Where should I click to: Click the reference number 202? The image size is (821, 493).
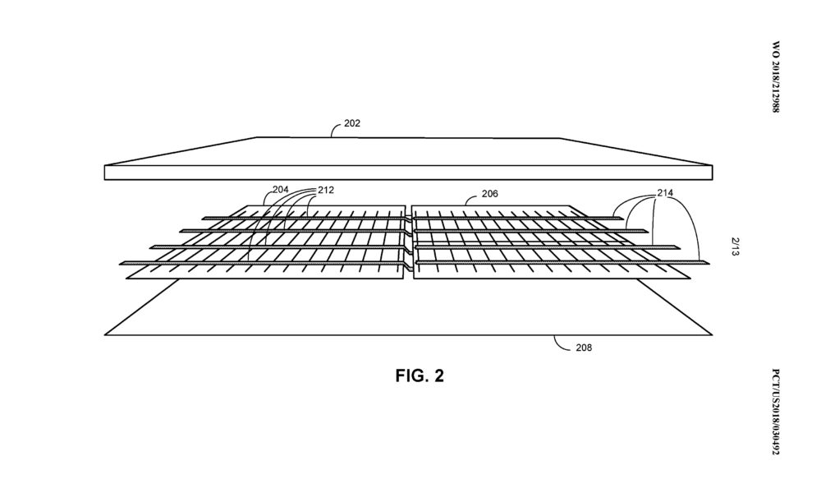[352, 123]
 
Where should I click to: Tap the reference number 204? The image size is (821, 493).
[280, 190]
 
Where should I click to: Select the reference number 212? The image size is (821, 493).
[326, 190]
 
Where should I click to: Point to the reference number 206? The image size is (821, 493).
[489, 194]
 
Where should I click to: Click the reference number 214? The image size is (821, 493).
[665, 193]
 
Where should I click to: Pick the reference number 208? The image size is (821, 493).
[584, 348]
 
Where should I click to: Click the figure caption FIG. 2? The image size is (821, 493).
[420, 376]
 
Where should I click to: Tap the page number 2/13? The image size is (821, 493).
[735, 246]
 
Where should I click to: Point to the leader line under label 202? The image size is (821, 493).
[336, 129]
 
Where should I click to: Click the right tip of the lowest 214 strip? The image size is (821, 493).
[709, 262]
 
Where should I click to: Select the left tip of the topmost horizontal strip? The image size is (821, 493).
[204, 219]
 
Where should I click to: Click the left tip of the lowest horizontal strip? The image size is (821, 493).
[121, 263]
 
